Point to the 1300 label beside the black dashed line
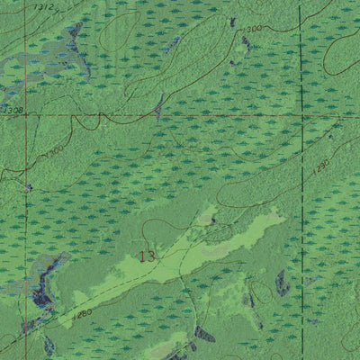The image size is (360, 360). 255,29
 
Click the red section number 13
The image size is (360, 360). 147,256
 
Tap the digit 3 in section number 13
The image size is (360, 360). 150,256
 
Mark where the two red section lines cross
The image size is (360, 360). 25,115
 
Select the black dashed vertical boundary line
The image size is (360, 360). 302,225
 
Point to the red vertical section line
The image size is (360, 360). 25,225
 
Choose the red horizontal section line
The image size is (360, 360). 180,115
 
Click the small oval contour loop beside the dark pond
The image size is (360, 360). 262,290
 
